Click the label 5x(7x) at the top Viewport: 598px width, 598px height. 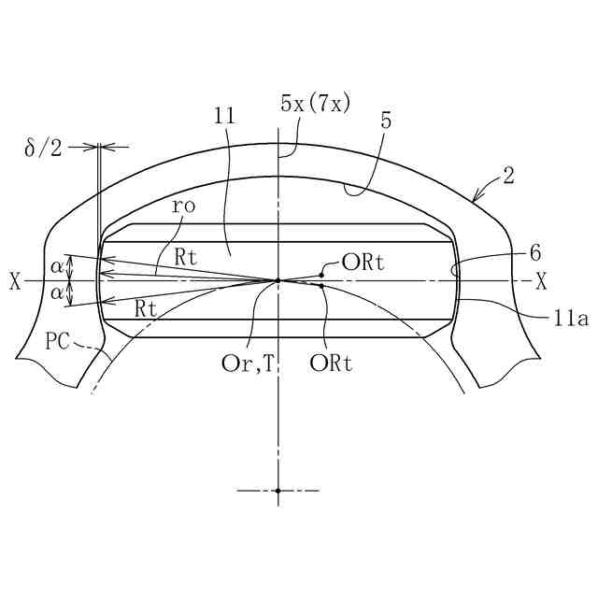click(315, 103)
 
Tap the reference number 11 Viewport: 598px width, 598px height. click(224, 116)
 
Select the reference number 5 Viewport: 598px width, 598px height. click(386, 121)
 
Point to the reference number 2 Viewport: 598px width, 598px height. click(508, 176)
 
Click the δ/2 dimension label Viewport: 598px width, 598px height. click(43, 148)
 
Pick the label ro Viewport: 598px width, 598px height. click(183, 206)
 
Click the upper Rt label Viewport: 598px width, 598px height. click(186, 257)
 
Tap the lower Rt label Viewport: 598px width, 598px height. click(146, 308)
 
